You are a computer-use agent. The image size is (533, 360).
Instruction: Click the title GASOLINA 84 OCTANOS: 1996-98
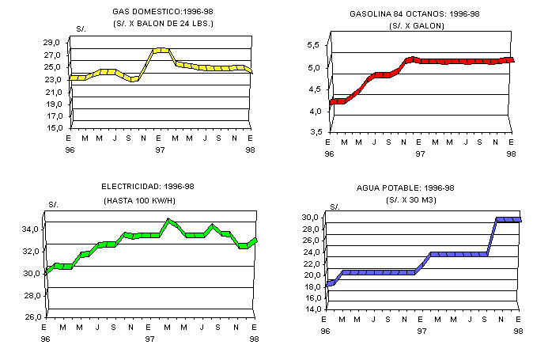coord(416,14)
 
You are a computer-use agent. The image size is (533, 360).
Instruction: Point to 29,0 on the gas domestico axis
coord(52,43)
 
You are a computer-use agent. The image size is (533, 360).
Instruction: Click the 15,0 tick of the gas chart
coord(52,127)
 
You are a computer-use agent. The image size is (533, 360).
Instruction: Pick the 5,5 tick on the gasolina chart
coord(313,45)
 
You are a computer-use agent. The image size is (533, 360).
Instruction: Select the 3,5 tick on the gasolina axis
coord(313,132)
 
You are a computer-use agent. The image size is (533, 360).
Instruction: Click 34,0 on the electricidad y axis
coord(31,229)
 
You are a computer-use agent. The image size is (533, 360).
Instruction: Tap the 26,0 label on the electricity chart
coord(31,317)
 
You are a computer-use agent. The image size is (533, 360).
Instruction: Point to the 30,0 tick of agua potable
coord(312,217)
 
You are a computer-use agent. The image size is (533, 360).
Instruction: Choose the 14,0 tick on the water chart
coord(312,309)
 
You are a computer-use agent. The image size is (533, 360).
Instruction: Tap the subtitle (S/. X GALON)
coord(416,26)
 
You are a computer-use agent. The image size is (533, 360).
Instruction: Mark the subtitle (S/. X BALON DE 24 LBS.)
coord(163,24)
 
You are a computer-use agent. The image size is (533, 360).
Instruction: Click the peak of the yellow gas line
coord(161,50)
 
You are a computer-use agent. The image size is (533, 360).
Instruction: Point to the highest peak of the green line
coord(168,221)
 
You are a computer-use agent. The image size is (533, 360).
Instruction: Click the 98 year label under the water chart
coord(519,331)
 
